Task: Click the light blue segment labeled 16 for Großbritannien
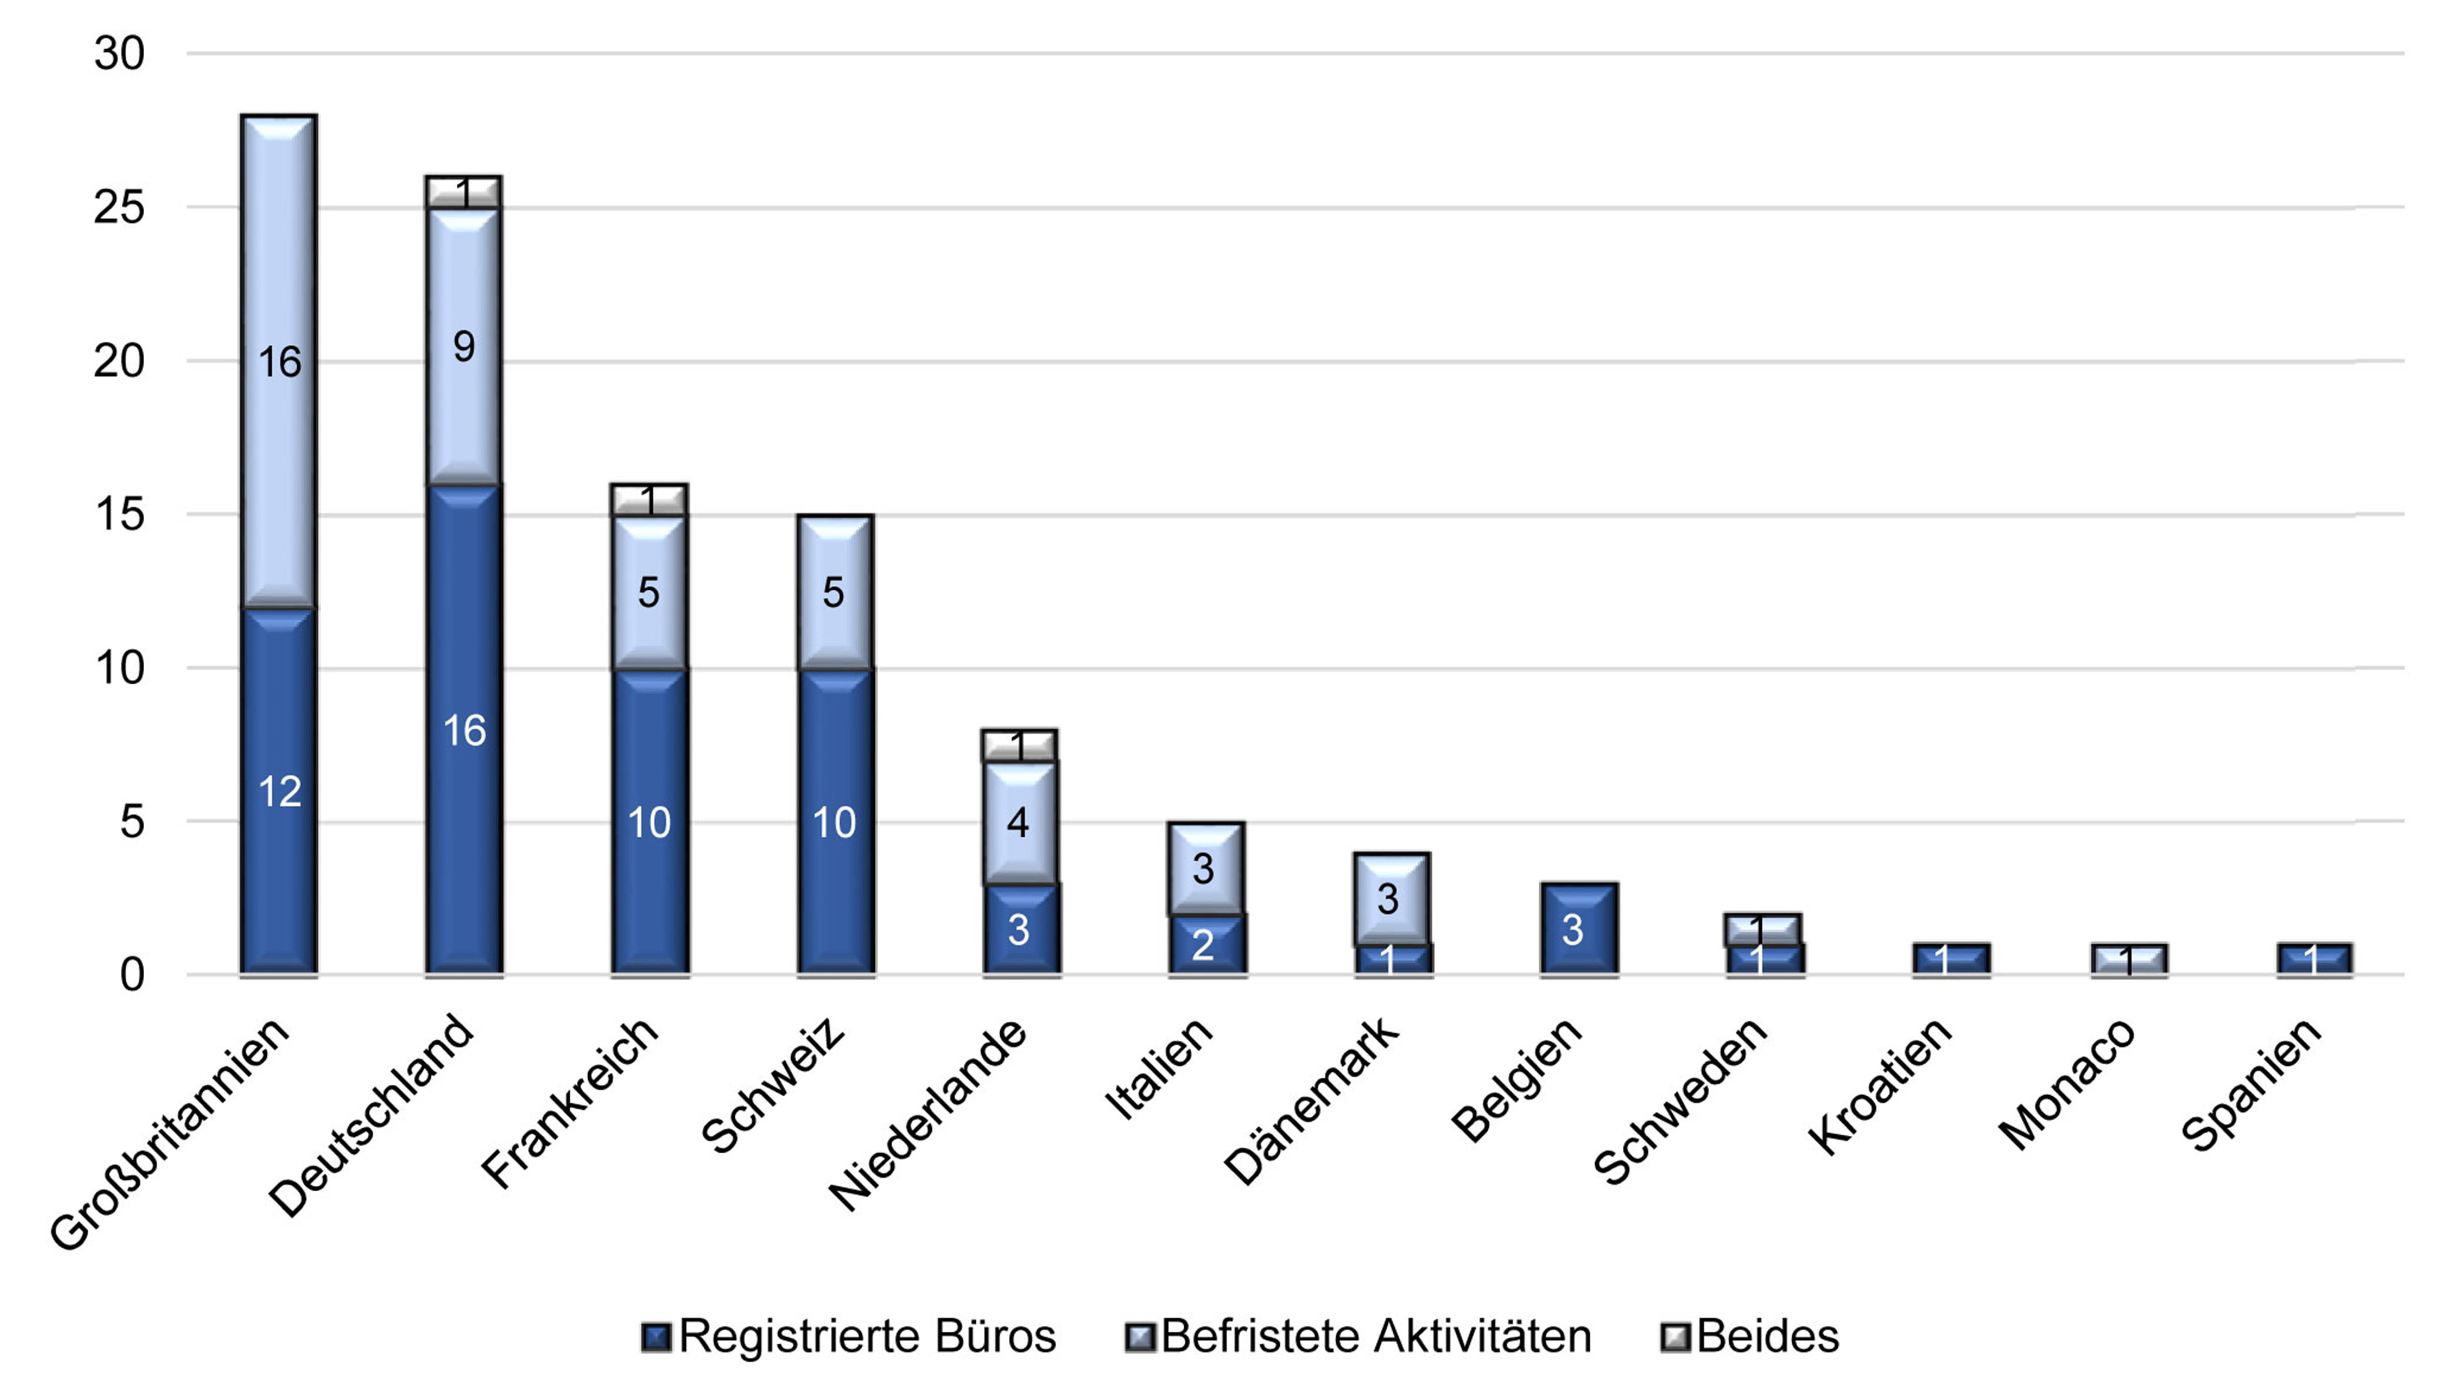[278, 361]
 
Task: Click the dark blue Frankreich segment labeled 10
[649, 821]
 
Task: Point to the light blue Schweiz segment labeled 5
[834, 592]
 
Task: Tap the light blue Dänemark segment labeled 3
[1390, 898]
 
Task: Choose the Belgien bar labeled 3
[1577, 929]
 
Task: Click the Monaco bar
[2129, 959]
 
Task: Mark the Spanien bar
[2313, 959]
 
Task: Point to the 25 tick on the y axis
[120, 207]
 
